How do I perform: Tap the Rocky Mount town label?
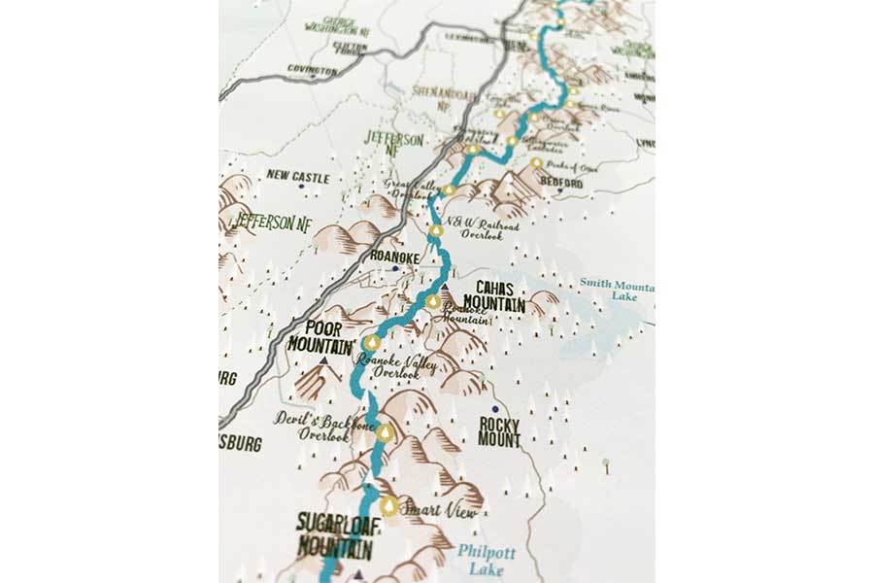[499, 431]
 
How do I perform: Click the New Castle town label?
[298, 178]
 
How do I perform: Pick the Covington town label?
[311, 71]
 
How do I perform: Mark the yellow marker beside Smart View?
[389, 506]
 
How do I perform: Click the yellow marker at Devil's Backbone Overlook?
[387, 432]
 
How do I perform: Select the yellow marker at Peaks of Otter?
[536, 163]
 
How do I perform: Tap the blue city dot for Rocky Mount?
[494, 409]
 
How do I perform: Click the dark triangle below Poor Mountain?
[321, 360]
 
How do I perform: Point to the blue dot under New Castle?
[302, 189]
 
